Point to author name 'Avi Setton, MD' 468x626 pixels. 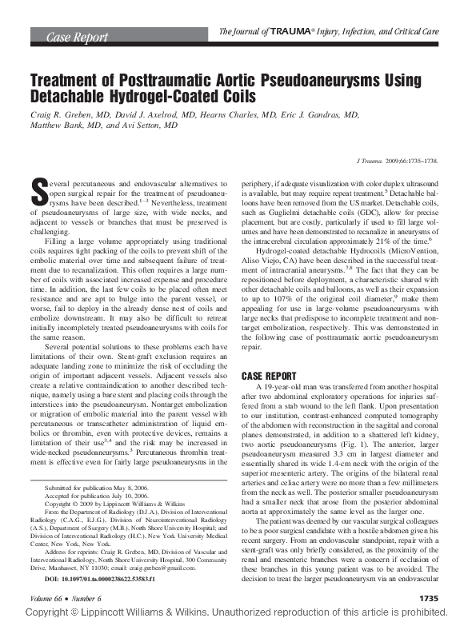pyautogui.click(x=144, y=126)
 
